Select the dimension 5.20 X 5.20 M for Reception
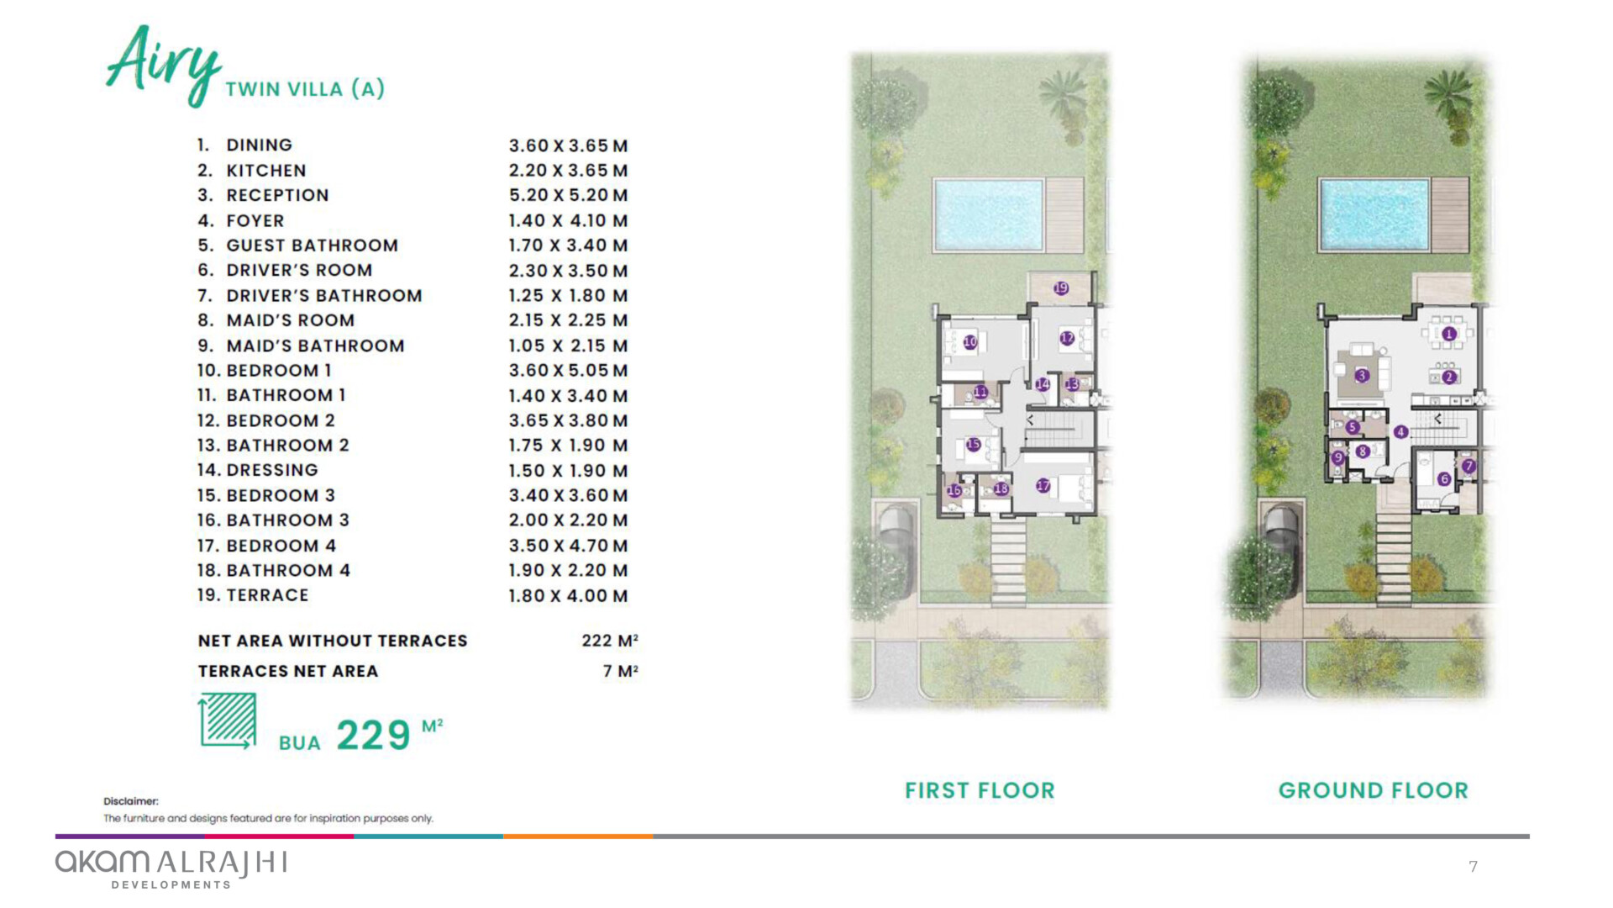coord(568,195)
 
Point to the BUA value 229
coord(373,736)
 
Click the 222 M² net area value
coord(610,641)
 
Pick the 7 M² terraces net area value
coord(620,671)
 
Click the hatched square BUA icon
coord(228,720)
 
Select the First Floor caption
coord(980,790)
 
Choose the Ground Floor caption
coord(1374,790)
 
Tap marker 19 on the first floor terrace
coord(1061,288)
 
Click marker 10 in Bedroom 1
coord(970,342)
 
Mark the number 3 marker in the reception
coord(1362,375)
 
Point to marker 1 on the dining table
coord(1448,334)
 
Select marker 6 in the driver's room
coord(1444,479)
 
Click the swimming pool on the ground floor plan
coord(1374,214)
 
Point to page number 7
coord(1473,867)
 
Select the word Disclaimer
coord(131,801)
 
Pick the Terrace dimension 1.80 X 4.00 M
coord(568,596)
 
